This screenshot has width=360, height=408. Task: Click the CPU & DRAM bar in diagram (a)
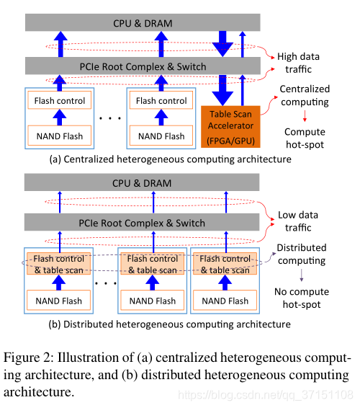point(143,23)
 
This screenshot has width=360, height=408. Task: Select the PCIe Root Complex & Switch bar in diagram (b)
point(143,223)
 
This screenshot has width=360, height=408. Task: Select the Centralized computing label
point(305,96)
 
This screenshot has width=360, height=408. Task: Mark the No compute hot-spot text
point(302,297)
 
